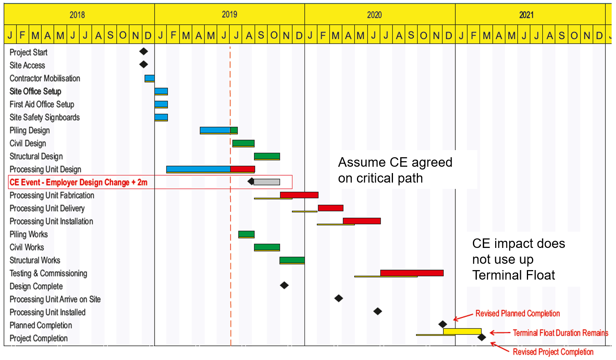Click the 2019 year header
[229, 15]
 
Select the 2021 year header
[526, 15]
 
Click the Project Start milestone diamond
[143, 51]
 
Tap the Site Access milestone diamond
[143, 64]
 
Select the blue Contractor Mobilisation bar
[149, 78]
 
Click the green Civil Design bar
[243, 143]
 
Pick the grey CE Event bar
[267, 182]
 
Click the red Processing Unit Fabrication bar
[299, 195]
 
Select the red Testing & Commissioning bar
[412, 273]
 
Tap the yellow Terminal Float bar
[462, 331]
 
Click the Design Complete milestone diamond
[284, 285]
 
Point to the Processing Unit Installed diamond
[378, 311]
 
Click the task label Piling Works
[29, 234]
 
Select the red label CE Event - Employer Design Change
[78, 182]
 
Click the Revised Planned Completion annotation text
[517, 314]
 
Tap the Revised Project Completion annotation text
[553, 352]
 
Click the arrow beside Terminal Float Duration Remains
[500, 333]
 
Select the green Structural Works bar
[292, 260]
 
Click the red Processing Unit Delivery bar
[330, 208]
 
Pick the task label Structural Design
[36, 156]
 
